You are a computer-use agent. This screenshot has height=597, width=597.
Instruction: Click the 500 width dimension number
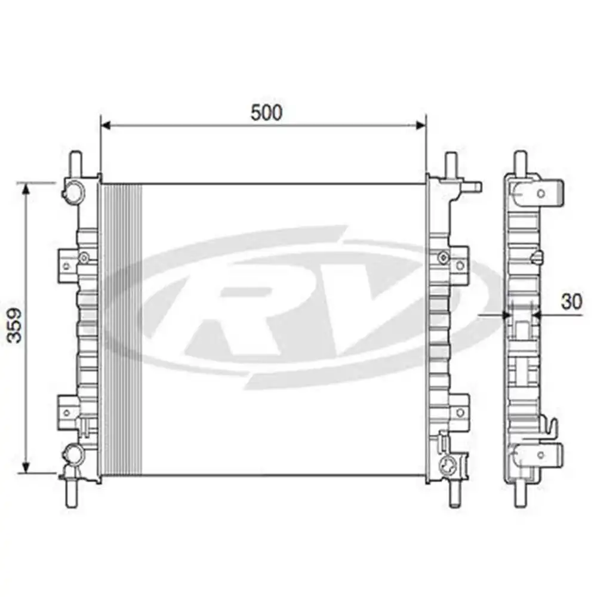coord(266,113)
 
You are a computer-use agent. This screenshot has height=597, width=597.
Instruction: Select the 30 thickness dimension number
coord(571,302)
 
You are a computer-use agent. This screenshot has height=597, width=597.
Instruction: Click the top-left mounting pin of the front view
coord(75,162)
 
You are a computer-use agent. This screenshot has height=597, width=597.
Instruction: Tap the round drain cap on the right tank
coord(447,466)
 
